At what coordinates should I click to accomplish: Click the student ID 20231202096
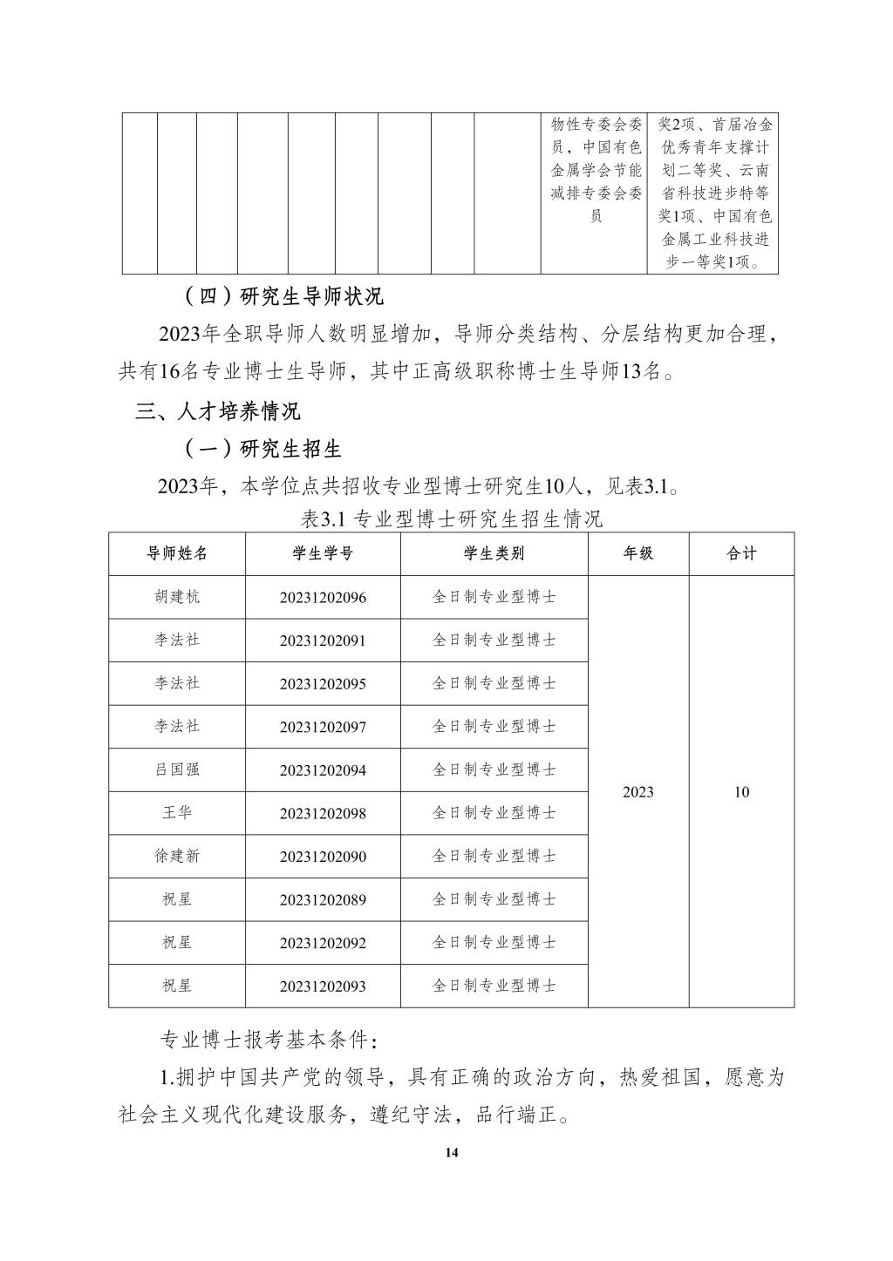point(323,598)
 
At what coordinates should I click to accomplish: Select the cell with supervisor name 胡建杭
point(177,597)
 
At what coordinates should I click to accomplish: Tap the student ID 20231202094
point(323,770)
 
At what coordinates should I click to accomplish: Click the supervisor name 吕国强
point(177,769)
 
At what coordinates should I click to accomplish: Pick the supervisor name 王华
point(177,813)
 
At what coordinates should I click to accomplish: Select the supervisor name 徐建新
point(177,856)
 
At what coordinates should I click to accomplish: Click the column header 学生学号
point(323,554)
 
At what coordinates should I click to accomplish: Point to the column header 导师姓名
point(177,554)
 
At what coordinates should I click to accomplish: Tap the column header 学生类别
point(494,554)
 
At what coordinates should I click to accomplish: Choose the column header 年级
point(638,554)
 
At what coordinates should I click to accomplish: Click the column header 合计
point(741,554)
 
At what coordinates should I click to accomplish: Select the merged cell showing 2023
point(638,792)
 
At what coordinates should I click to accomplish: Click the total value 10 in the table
point(741,792)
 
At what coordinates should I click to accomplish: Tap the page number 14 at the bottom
point(451,1153)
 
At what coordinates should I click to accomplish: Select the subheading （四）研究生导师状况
point(283,296)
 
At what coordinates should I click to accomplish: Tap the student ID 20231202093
point(323,986)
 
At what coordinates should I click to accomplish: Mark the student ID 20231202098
point(323,814)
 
